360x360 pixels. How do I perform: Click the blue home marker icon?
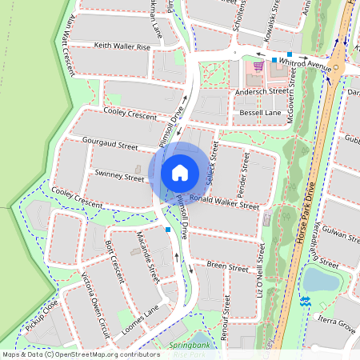point(180,172)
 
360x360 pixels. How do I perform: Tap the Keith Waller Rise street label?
point(122,46)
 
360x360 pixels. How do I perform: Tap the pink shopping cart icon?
point(258,66)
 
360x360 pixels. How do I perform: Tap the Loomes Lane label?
point(140,318)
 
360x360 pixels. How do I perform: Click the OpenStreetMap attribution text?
point(70,354)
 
